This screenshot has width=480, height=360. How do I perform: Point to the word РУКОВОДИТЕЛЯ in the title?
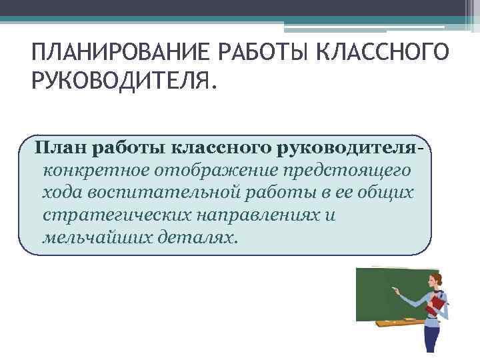(x=123, y=82)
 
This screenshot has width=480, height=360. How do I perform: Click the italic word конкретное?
(x=93, y=170)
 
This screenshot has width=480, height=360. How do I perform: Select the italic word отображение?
(x=214, y=170)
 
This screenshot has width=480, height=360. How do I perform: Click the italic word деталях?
(x=201, y=238)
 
